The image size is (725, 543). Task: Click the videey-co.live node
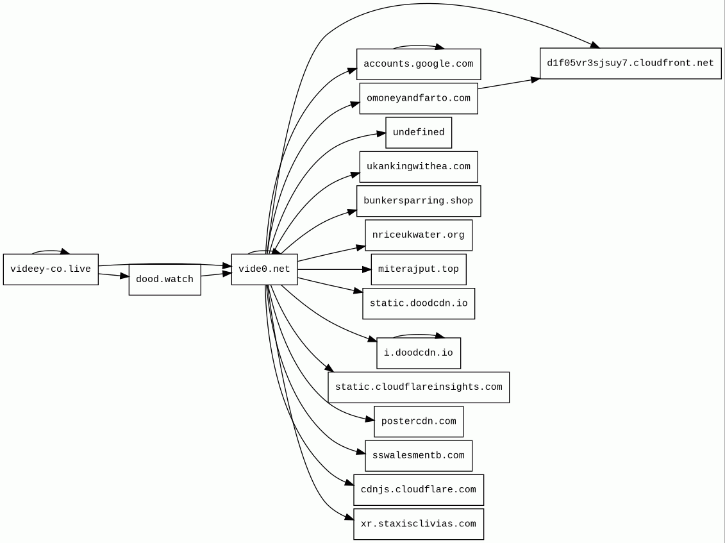click(x=51, y=269)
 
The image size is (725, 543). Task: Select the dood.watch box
click(x=165, y=280)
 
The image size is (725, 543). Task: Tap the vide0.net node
click(x=264, y=269)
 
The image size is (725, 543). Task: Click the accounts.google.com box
click(x=419, y=64)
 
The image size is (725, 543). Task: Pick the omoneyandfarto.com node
click(x=419, y=99)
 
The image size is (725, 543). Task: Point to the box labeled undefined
click(x=419, y=133)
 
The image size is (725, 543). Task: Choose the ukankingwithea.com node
click(x=419, y=167)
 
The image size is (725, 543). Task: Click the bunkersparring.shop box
click(x=419, y=201)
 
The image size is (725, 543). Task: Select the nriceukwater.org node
click(x=419, y=235)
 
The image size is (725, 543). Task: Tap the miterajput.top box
click(x=419, y=269)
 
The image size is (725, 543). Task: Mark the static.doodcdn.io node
click(x=419, y=304)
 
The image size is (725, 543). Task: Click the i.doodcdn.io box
click(x=419, y=353)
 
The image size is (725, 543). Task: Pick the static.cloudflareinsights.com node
click(x=419, y=387)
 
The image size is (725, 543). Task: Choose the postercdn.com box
click(x=419, y=422)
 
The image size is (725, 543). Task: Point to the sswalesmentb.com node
click(x=419, y=456)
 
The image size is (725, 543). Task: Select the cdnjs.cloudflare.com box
click(x=419, y=490)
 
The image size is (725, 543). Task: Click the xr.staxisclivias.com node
click(x=419, y=524)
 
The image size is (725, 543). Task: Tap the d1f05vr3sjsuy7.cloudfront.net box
click(x=630, y=63)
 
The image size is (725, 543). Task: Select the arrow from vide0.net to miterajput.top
click(x=334, y=269)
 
